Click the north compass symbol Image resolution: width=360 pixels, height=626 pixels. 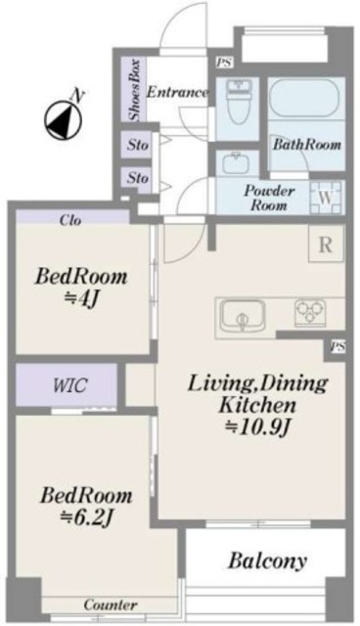coord(63,120)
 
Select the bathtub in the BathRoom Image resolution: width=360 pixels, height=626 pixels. coord(304,98)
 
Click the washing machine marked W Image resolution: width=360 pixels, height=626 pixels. coord(326,198)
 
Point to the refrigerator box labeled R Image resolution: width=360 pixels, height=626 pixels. coord(326,244)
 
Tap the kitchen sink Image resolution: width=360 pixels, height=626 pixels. coord(243,316)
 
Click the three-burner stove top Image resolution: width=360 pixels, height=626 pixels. coord(310,313)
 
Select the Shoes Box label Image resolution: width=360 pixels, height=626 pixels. coord(134,90)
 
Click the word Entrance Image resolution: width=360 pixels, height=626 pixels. coord(178,92)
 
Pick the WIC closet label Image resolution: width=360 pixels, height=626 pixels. coord(70,384)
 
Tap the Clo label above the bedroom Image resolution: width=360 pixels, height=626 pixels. coord(70,220)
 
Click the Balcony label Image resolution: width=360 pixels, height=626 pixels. coord(267,560)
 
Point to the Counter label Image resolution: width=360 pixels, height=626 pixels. coord(111,604)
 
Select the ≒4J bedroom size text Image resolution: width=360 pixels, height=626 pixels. coord(81,300)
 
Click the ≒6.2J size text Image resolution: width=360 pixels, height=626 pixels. coord(87,518)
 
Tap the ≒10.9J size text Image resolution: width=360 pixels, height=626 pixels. coord(257,428)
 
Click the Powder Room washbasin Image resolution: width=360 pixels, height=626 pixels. coord(237,163)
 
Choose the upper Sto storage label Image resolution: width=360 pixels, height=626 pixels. coord(138,145)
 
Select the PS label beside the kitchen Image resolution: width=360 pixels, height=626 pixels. coord(337,347)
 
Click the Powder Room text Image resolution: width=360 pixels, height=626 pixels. coord(269,198)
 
